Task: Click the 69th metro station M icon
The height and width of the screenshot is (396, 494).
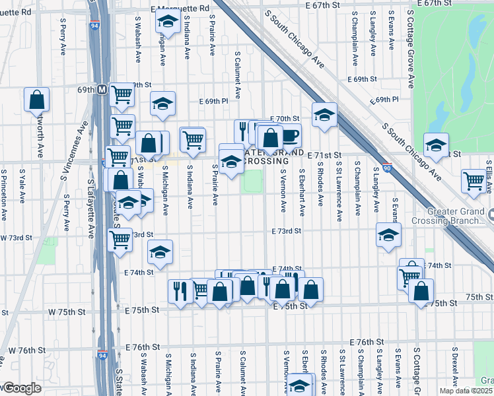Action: [x=102, y=89]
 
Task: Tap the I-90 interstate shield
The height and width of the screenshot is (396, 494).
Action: [x=388, y=168]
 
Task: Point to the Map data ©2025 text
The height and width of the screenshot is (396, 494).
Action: [x=466, y=391]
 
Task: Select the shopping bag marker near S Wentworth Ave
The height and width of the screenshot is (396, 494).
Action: [x=37, y=100]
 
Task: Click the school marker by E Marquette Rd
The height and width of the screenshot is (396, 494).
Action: [x=168, y=22]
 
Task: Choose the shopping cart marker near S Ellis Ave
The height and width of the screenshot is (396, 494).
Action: [x=474, y=181]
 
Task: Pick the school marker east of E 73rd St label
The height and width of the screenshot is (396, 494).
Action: [x=388, y=234]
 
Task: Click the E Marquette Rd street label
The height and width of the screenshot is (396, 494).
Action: [x=180, y=8]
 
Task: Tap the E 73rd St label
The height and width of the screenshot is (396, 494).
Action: [x=286, y=231]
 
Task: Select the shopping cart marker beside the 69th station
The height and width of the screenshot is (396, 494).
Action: [x=122, y=96]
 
